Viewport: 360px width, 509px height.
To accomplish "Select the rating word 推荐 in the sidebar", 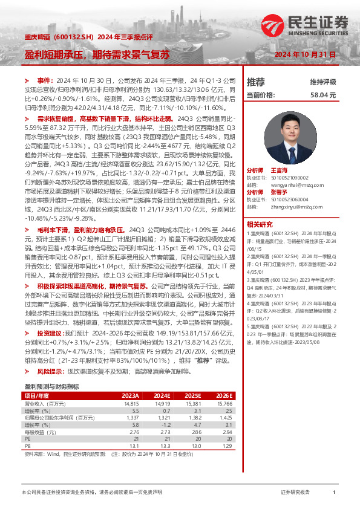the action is (256, 82).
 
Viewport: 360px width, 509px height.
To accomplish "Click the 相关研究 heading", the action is (259, 224).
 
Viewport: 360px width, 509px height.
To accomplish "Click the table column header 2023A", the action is (131, 395).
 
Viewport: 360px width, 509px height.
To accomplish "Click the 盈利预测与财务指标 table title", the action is (51, 386).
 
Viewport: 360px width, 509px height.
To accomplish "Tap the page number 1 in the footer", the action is (335, 493).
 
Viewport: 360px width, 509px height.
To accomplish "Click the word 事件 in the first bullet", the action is (45, 80).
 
